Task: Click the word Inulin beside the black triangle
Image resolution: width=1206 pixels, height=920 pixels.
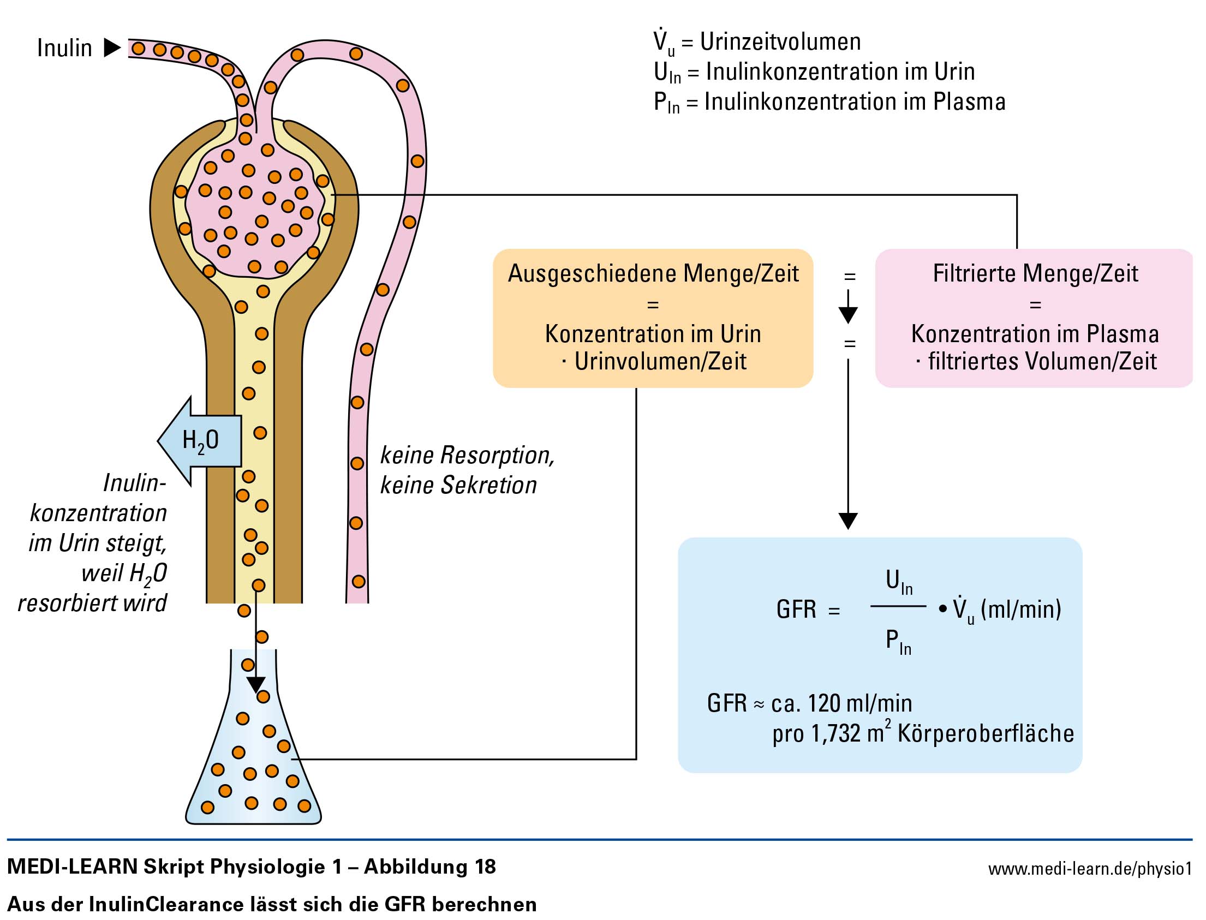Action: tap(64, 47)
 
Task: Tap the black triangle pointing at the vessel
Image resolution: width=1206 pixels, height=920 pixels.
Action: tap(112, 47)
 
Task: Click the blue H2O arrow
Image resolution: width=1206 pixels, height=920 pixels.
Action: tap(199, 441)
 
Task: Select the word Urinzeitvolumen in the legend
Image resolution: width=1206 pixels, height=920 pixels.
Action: tap(780, 41)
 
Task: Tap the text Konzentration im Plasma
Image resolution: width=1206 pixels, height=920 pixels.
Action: tap(1035, 333)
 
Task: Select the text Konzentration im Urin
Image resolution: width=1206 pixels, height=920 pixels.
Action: tap(653, 333)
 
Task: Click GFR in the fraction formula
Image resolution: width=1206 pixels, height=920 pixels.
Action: tap(796, 609)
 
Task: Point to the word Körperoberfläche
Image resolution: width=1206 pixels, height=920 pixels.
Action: tap(986, 733)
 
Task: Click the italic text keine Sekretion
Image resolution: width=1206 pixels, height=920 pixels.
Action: tap(458, 485)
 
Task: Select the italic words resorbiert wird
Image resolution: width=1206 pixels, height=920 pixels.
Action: tap(92, 603)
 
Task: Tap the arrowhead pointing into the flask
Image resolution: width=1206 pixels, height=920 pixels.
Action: tap(256, 685)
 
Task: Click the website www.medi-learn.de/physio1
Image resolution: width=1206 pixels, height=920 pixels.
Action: tap(1090, 869)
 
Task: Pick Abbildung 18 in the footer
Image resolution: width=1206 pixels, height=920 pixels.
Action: tap(430, 867)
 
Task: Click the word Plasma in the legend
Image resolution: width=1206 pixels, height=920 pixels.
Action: tap(969, 102)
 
